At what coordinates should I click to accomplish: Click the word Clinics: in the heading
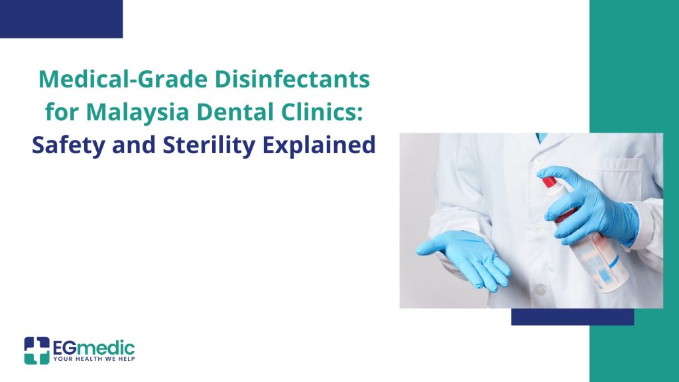click(322, 111)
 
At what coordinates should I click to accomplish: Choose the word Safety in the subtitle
click(68, 145)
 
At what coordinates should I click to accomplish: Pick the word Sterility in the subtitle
click(209, 145)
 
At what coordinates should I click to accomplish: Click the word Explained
click(319, 145)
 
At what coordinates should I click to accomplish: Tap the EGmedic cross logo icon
click(37, 350)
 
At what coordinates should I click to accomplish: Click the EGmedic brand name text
click(94, 348)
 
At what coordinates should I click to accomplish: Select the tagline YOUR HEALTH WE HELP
click(94, 359)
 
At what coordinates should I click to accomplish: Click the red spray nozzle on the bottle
click(550, 182)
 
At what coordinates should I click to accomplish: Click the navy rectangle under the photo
click(572, 316)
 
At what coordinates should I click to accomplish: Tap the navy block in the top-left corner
click(61, 19)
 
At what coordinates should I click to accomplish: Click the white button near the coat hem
click(540, 290)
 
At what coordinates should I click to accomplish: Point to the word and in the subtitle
click(134, 145)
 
